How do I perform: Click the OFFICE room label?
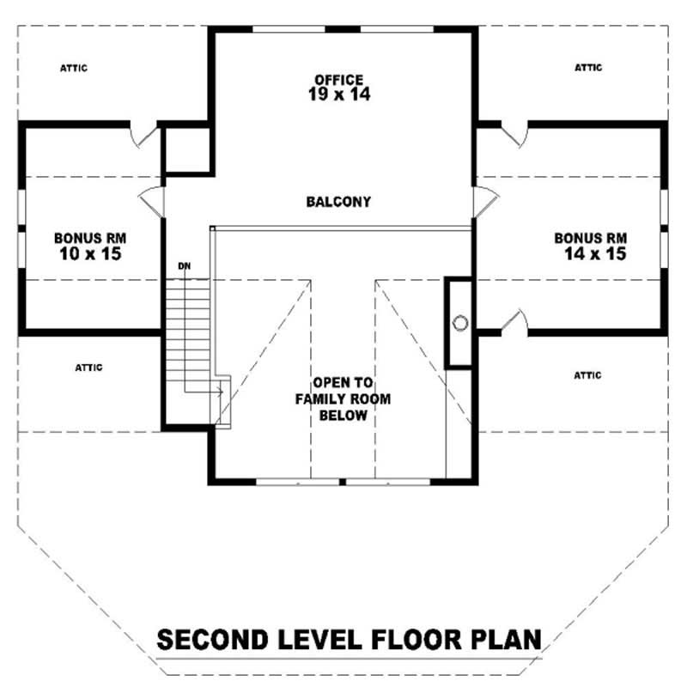point(338,80)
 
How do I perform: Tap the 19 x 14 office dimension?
point(338,95)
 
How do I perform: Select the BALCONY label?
point(338,202)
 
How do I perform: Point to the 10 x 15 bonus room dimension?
point(89,254)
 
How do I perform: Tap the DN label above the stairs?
point(183,266)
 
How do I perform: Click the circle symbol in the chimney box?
point(459,323)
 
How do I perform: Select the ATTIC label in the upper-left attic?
point(74,67)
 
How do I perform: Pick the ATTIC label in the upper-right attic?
point(588,67)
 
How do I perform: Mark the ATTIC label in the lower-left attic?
point(88,368)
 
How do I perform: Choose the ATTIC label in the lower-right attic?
point(587,375)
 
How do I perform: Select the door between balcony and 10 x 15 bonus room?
point(153,199)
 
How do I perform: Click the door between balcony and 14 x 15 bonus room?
point(483,201)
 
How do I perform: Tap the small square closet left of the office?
point(187,152)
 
